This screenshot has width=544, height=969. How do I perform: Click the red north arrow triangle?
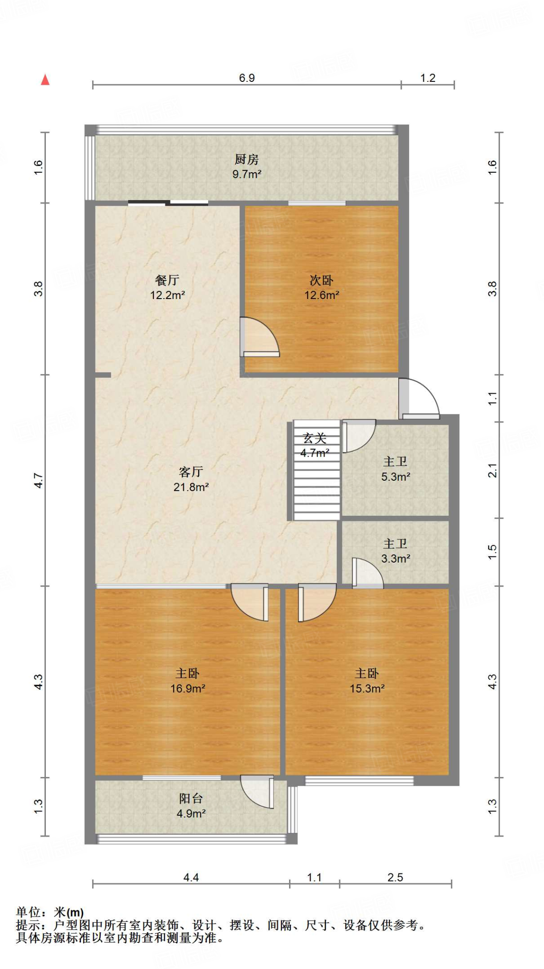pos(45,79)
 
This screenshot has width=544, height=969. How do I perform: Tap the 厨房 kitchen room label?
pos(246,159)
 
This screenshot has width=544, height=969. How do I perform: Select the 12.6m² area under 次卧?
pos(322,295)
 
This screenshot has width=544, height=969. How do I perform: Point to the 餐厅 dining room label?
pos(167,280)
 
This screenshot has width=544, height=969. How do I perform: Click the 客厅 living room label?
pos(191,472)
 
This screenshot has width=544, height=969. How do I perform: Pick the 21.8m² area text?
pos(191,487)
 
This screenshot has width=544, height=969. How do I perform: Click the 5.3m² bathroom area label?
pos(395,476)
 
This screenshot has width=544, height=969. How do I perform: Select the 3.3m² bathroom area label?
pos(395,558)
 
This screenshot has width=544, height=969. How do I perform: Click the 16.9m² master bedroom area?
pos(188,688)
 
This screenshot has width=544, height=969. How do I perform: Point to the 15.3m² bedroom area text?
pos(367,688)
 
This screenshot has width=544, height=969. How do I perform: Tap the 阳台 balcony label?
pos(191,799)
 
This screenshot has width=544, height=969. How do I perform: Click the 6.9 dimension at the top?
pos(247,78)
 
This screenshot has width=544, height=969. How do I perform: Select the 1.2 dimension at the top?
pos(428,78)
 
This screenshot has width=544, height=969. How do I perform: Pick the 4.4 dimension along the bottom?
pos(191,877)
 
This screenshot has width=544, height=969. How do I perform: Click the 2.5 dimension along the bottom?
pos(395,877)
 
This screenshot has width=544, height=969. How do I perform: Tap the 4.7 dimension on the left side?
pos(38,481)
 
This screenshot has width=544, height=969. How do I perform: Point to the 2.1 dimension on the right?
pos(492,470)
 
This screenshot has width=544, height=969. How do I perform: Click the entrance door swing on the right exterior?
pos(419,398)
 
